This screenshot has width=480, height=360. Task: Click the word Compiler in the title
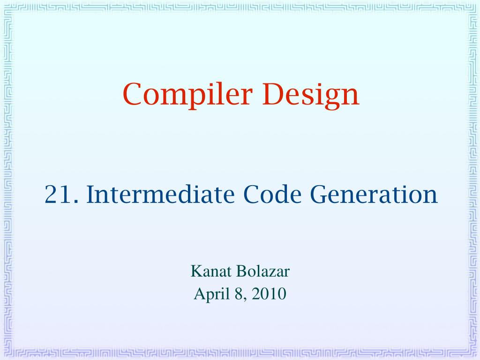click(x=187, y=94)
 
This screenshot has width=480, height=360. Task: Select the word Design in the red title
click(x=310, y=95)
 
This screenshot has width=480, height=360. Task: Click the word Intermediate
click(x=160, y=194)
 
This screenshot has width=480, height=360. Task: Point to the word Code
click(x=272, y=194)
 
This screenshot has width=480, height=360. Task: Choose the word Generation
click(x=374, y=194)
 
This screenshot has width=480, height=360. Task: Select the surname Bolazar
click(x=263, y=271)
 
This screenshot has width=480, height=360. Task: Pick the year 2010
click(x=269, y=294)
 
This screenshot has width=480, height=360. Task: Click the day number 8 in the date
click(x=239, y=294)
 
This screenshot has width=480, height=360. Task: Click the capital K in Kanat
click(x=196, y=271)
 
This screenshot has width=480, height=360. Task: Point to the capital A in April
click(x=200, y=293)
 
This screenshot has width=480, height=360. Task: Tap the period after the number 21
click(x=76, y=202)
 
